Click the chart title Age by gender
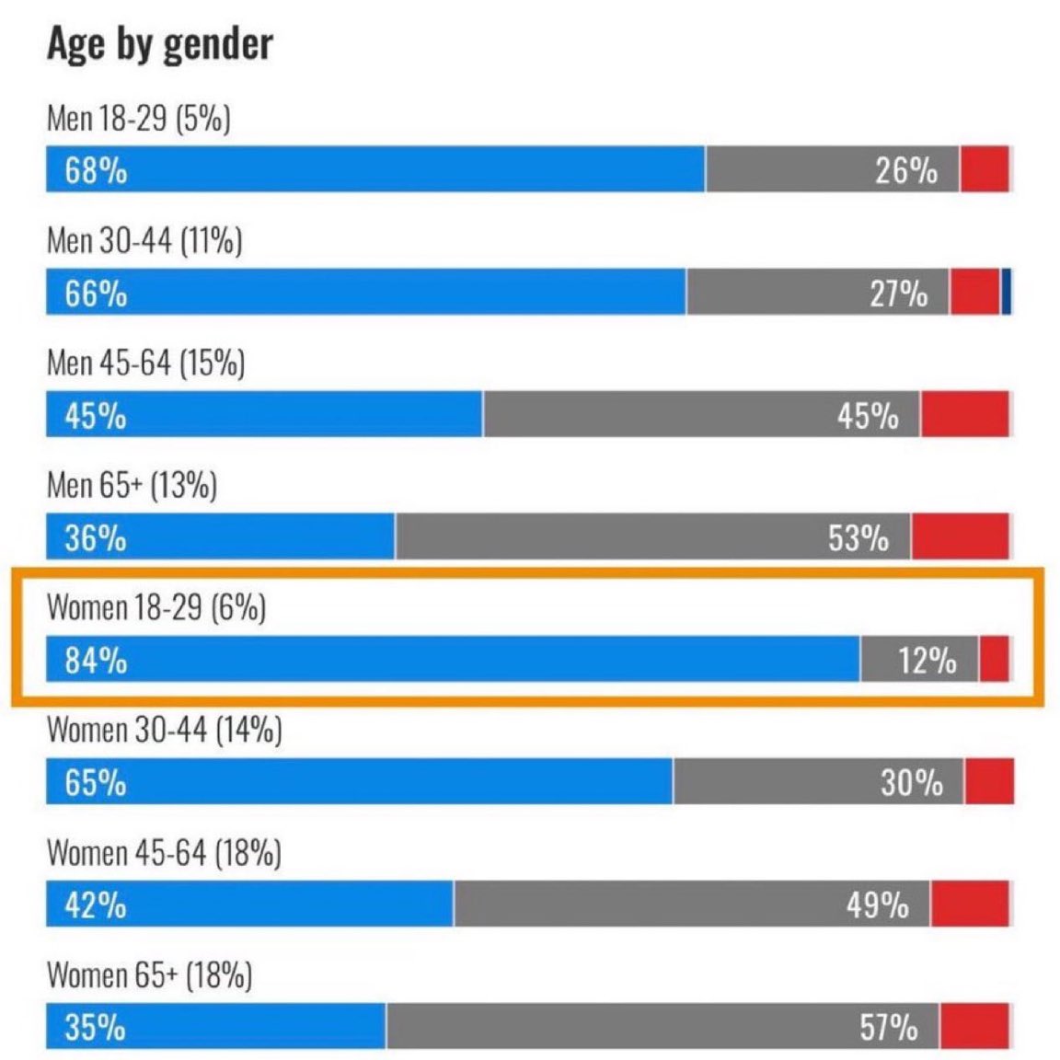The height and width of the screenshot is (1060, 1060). [x=160, y=44]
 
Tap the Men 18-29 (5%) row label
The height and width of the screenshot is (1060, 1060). [x=138, y=119]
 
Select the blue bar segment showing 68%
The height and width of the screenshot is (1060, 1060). [x=375, y=169]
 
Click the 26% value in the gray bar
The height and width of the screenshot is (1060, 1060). [x=905, y=170]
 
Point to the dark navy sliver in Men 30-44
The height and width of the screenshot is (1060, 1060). [x=1007, y=292]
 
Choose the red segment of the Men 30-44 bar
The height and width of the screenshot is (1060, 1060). [x=974, y=292]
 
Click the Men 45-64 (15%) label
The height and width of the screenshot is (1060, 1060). [x=145, y=363]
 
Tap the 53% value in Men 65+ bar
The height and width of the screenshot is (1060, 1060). [x=858, y=537]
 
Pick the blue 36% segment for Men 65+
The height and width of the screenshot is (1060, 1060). [x=221, y=536]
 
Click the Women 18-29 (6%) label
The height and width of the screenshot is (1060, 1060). [x=156, y=608]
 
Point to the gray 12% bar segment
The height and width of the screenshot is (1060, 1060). [x=919, y=659]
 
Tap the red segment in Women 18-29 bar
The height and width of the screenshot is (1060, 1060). [x=994, y=659]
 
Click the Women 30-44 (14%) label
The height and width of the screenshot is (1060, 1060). [x=164, y=731]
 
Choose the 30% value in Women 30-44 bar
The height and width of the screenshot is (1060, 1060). [x=911, y=782]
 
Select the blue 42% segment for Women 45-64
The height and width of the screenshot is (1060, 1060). [x=249, y=904]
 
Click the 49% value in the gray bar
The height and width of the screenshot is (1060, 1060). [x=877, y=905]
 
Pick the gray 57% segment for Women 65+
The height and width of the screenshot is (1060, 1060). [x=662, y=1026]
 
